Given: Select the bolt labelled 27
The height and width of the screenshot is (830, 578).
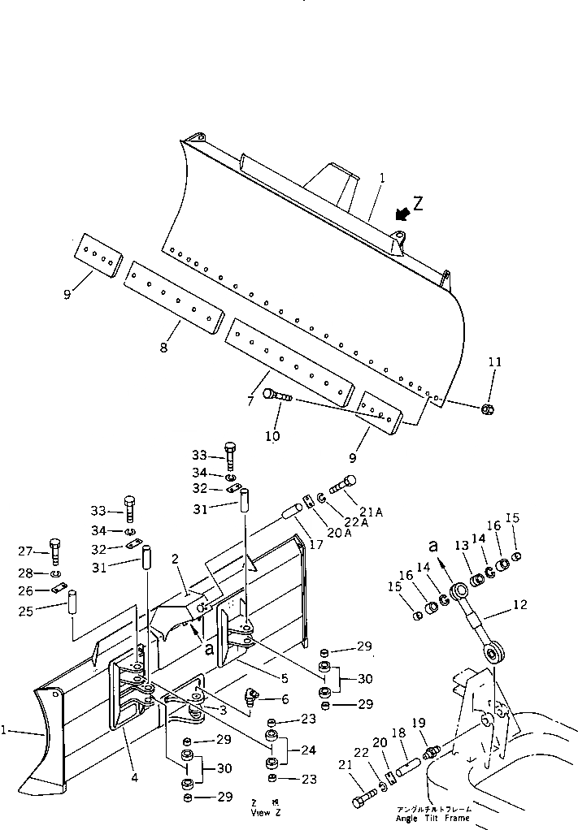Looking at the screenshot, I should (x=55, y=551).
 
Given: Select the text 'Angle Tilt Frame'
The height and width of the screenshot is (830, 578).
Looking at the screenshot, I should (x=433, y=819).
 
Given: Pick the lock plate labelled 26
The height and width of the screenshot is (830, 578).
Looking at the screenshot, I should (x=57, y=589).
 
